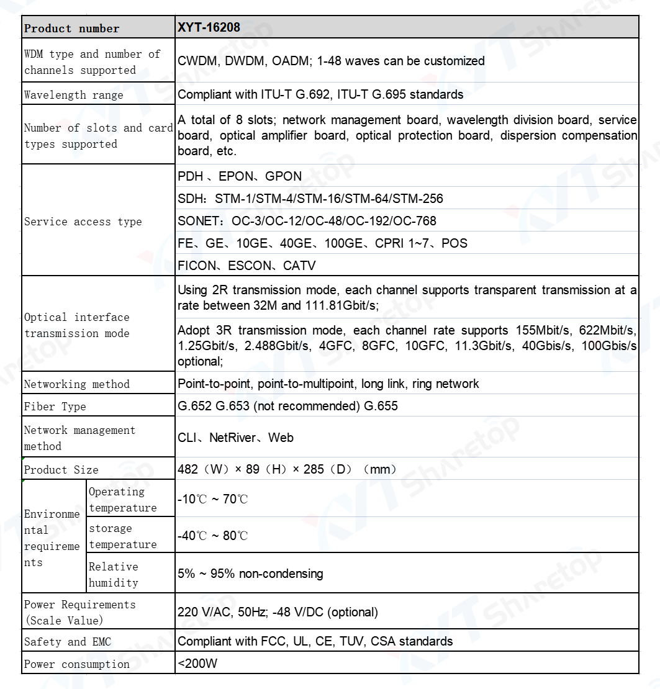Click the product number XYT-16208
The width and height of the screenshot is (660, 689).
(x=209, y=27)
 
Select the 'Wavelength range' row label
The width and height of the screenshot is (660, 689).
(x=73, y=95)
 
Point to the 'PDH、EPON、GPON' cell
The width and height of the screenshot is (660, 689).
(x=240, y=176)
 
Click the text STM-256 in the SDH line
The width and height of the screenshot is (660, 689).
(x=418, y=199)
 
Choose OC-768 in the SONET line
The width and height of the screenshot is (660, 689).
(x=412, y=221)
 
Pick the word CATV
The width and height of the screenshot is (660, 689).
(x=299, y=266)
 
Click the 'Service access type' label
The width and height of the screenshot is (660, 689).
(x=83, y=222)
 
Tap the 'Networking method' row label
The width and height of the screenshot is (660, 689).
(x=76, y=384)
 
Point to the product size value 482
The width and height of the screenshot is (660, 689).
(x=188, y=469)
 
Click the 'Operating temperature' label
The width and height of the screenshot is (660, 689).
(x=122, y=500)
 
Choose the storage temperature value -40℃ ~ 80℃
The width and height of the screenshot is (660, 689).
(x=212, y=536)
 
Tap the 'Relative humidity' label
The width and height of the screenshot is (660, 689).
(x=114, y=575)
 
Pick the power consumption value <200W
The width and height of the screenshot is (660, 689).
(x=197, y=664)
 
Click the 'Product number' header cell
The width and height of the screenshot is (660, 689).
(x=71, y=29)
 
